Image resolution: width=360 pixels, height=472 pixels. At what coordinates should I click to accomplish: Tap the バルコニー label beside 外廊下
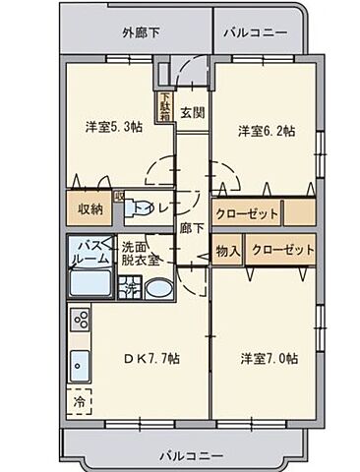tap(255, 33)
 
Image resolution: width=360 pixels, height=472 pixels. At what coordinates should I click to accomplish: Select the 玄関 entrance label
tap(192, 111)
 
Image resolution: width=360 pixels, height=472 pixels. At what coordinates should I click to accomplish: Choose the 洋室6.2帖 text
tap(265, 130)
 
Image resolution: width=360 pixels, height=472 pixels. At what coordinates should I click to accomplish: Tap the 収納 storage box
tap(90, 208)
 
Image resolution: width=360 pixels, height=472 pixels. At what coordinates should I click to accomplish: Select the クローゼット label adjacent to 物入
tap(283, 250)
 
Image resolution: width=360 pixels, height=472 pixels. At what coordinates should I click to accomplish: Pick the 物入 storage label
tap(228, 250)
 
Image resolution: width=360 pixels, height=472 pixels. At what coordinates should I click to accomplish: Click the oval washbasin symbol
tap(156, 289)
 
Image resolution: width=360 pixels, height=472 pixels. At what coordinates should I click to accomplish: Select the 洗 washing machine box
tap(128, 288)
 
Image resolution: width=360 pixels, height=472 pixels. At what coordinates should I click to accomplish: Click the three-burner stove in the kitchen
tap(80, 322)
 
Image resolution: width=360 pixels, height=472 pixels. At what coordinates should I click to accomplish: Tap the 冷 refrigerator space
tap(78, 401)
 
